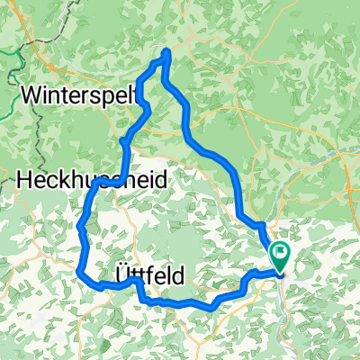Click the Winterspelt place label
(x=78, y=94)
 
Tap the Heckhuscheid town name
(x=90, y=180)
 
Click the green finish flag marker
(x=281, y=257)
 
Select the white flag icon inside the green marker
(x=281, y=255)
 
